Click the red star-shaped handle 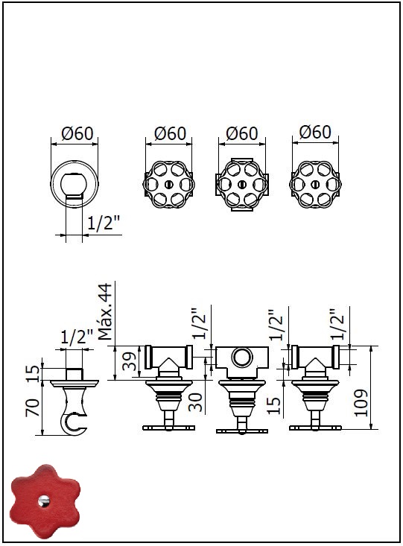[45, 501]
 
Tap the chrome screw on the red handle [44, 501]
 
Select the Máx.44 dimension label [106, 311]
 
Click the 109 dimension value [361, 402]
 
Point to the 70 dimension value [32, 407]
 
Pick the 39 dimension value [129, 361]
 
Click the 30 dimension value [195, 402]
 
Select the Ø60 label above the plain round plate [77, 133]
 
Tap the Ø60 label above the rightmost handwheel [315, 132]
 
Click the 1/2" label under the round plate [104, 223]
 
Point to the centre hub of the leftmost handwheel [168, 184]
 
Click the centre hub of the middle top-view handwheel [242, 184]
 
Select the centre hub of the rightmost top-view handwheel [315, 184]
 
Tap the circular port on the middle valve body [242, 358]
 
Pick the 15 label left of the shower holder [32, 374]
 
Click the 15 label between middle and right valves [274, 405]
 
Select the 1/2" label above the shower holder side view [77, 337]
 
